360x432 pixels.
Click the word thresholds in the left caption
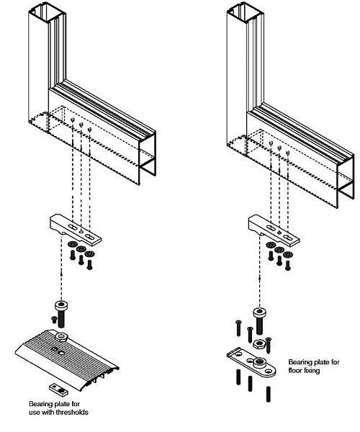[72, 412]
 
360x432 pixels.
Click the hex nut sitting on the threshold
[61, 336]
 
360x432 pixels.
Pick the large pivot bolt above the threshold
[61, 313]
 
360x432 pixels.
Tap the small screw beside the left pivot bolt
[54, 320]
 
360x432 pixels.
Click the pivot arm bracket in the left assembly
[75, 229]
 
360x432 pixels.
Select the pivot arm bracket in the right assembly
[274, 230]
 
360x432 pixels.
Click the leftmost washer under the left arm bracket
[73, 244]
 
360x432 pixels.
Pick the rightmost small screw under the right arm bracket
[288, 265]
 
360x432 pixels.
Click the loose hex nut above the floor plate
[259, 343]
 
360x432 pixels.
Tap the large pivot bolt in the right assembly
[259, 321]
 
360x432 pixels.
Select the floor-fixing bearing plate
[251, 362]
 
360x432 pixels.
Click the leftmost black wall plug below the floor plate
[238, 377]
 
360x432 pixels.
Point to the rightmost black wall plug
[269, 395]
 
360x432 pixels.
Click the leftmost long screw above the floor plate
[238, 328]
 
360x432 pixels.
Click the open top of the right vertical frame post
[246, 14]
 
